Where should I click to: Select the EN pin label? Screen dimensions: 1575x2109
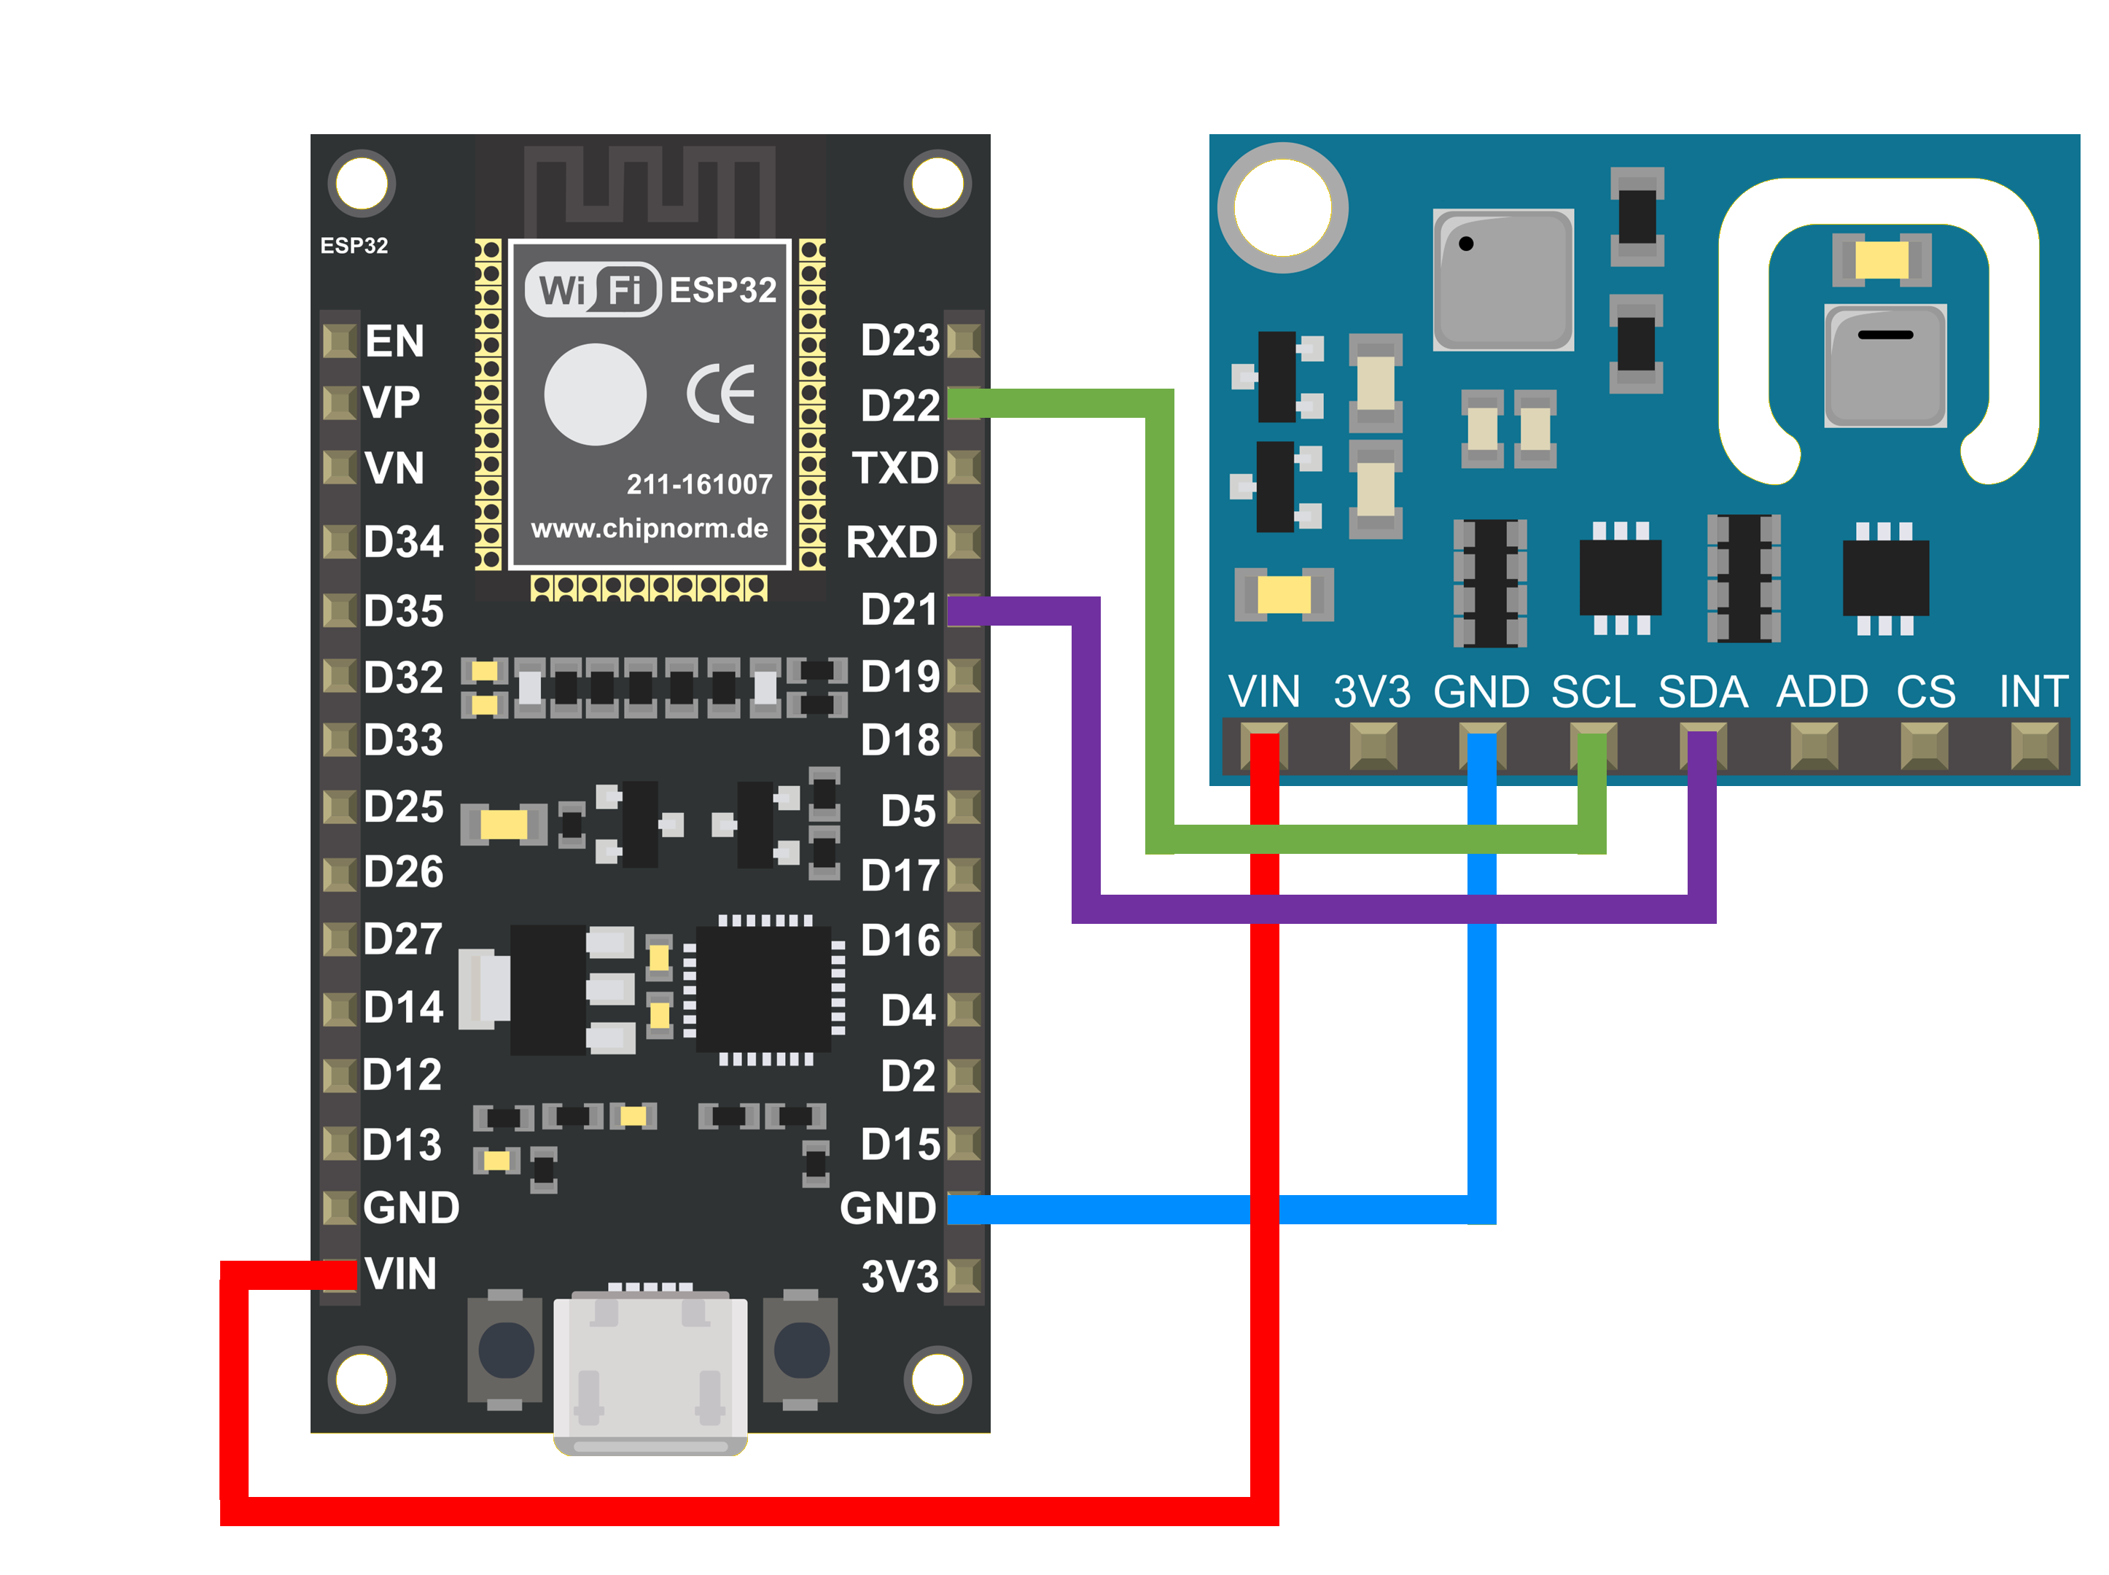[x=394, y=341]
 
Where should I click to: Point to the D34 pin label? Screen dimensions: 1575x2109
[x=403, y=542]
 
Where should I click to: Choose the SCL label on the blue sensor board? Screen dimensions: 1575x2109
[x=1591, y=691]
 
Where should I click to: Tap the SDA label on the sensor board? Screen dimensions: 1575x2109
[x=1702, y=691]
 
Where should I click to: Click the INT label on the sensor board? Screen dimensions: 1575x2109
[x=2032, y=691]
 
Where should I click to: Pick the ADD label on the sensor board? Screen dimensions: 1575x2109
[x=1821, y=691]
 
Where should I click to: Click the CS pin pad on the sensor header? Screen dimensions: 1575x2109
[x=1923, y=745]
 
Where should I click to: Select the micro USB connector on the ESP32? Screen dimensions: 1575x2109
[x=650, y=1371]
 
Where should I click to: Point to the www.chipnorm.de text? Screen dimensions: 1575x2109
[x=649, y=528]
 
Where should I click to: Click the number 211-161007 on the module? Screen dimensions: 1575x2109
[x=698, y=484]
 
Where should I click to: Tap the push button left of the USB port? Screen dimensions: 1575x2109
[x=505, y=1350]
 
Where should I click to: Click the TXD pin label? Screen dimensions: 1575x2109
[x=894, y=468]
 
